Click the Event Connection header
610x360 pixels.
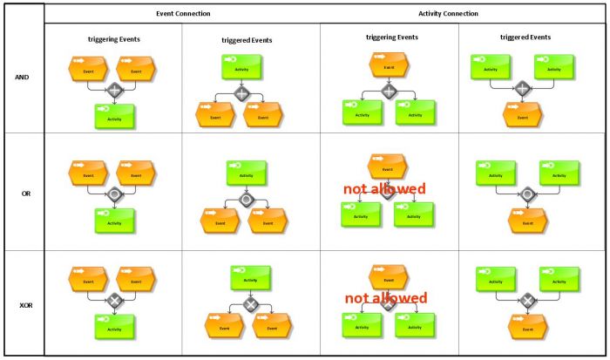click(182, 14)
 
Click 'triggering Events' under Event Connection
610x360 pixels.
click(113, 39)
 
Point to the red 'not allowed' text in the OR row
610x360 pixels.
click(384, 189)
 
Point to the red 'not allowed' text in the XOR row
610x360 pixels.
click(386, 298)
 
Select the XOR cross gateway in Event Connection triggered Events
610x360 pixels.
click(251, 304)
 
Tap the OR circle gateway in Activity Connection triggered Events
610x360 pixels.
click(526, 194)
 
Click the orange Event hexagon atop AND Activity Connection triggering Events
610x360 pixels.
click(389, 64)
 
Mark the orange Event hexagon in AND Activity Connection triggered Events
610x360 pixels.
click(522, 114)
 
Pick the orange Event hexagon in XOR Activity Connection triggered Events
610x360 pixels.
click(527, 327)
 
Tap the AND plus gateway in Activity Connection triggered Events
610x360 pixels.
click(522, 88)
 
